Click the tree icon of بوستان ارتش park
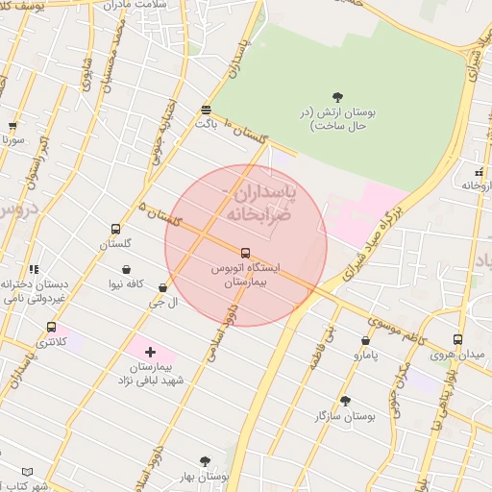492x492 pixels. (337, 96)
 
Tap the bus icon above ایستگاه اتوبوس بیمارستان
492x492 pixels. (245, 253)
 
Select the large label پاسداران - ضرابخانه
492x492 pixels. (259, 205)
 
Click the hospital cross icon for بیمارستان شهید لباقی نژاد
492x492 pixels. (151, 353)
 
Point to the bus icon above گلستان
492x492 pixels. (115, 230)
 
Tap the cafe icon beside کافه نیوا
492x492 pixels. (127, 269)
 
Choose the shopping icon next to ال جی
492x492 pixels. (161, 287)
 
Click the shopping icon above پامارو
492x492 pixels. (365, 340)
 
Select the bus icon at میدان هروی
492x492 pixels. (456, 340)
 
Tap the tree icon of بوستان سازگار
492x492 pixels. (344, 401)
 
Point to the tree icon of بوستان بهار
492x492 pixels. (205, 461)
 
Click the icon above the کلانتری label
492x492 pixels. (51, 327)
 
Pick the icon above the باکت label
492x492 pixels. (206, 109)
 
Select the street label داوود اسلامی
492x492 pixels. (217, 332)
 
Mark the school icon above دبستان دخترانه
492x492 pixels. (34, 270)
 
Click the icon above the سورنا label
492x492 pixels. (12, 125)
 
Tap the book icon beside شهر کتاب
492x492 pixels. (27, 472)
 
